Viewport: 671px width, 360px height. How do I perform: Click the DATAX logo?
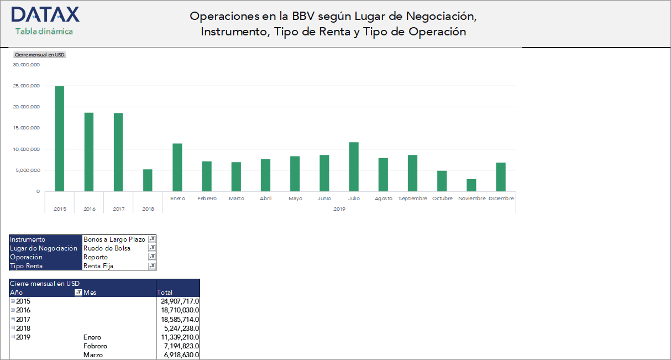point(45,15)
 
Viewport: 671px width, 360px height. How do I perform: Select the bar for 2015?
point(59,139)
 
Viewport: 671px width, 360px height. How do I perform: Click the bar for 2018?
point(148,180)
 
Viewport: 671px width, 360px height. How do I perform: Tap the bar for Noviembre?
point(471,185)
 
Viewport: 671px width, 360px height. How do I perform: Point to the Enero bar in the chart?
point(177,168)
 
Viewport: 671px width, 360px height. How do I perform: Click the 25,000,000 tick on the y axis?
point(27,86)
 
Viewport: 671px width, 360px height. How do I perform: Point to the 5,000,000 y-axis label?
point(27,170)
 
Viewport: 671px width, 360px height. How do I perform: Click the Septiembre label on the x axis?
point(413,199)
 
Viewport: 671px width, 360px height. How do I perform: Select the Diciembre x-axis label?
point(501,199)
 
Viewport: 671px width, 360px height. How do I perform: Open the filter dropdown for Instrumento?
point(152,239)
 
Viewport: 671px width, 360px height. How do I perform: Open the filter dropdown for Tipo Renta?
point(152,266)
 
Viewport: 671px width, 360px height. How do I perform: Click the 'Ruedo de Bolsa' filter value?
point(107,248)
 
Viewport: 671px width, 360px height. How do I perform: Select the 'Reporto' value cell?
point(96,257)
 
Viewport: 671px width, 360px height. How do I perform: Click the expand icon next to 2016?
point(13,310)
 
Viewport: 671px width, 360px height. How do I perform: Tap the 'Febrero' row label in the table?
point(95,346)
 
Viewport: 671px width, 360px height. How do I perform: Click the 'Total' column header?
point(165,293)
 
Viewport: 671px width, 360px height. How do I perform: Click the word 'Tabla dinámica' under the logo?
point(44,32)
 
